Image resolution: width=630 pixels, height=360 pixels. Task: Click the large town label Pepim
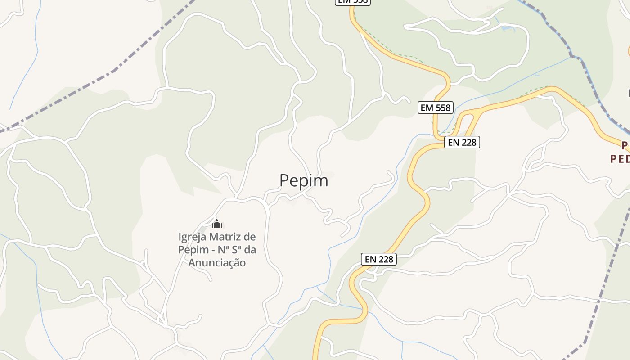(x=304, y=180)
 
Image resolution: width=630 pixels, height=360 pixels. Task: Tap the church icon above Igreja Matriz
(x=217, y=224)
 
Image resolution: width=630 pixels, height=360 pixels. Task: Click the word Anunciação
(x=217, y=262)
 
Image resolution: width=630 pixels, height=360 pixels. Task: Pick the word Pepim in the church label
(x=191, y=250)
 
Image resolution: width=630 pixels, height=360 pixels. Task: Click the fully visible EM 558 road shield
(x=435, y=108)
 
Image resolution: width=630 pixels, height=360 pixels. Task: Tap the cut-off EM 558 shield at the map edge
(x=352, y=2)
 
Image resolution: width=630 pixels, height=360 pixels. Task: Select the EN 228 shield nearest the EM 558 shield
(x=462, y=143)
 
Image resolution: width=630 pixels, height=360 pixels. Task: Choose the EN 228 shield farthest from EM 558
(x=379, y=259)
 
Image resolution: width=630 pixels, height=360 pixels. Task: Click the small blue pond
(x=507, y=29)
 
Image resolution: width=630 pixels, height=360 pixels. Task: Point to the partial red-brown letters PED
(x=620, y=159)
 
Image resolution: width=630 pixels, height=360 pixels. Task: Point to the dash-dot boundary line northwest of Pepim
(x=112, y=72)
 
